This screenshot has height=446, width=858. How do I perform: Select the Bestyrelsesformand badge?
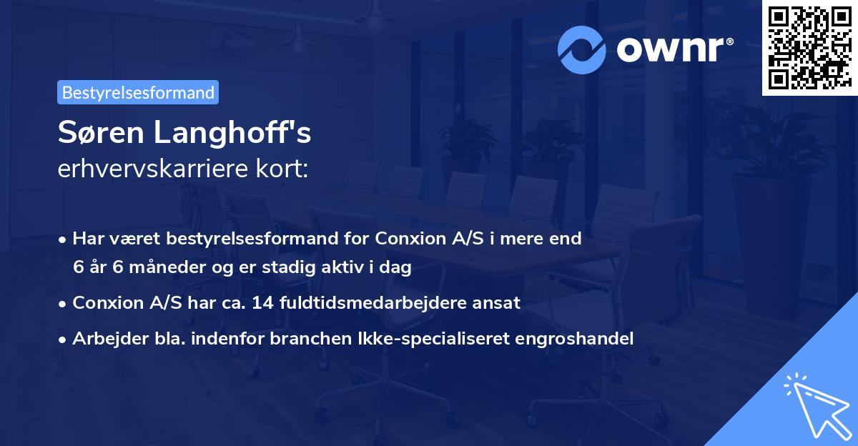[138, 92]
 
